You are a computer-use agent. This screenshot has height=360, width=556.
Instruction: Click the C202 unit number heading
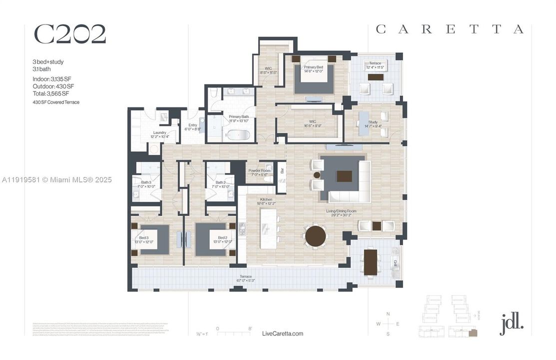point(69,34)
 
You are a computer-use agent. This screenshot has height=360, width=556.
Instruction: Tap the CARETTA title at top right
point(450,29)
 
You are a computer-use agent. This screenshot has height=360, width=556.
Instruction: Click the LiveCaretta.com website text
point(282,333)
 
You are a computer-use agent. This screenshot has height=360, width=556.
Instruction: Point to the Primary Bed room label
point(313,68)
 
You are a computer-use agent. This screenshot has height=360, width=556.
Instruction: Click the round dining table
point(315,236)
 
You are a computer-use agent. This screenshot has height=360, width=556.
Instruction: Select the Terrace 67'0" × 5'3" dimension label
point(245,278)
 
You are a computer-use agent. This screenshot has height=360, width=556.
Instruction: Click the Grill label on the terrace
point(396,262)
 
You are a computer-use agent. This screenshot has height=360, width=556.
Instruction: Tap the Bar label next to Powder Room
point(282,171)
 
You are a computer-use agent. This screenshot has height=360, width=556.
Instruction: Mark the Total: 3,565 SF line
point(50,93)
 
